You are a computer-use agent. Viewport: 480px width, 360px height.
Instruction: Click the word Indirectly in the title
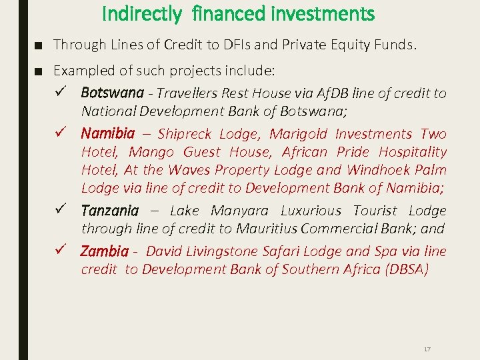pos(141,13)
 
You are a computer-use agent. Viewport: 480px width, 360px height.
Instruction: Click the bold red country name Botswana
pos(112,93)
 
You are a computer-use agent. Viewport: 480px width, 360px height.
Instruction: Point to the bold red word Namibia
pos(107,134)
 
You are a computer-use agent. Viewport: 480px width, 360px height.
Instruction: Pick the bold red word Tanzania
pos(109,211)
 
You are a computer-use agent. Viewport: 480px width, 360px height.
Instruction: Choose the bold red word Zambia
pos(104,252)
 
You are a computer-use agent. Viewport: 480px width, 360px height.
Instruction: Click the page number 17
pos(427,349)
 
